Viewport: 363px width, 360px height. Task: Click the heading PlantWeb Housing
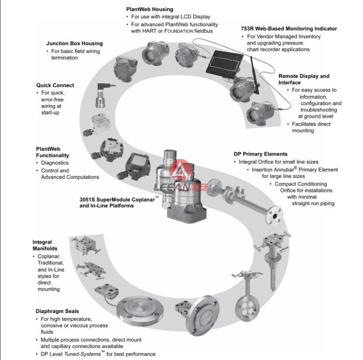[x=150, y=9]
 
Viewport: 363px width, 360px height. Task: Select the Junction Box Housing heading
[x=75, y=44]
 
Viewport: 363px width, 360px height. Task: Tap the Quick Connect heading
[x=55, y=85]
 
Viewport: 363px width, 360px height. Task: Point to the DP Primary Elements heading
[x=260, y=154]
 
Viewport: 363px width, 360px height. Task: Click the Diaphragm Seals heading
[x=57, y=311]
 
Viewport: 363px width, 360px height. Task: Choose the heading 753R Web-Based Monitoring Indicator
[x=289, y=29]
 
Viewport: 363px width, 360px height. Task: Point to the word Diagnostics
[x=55, y=163]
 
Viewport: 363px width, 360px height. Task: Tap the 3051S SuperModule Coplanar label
[x=119, y=199]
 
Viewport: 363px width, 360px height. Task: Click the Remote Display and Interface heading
[x=303, y=79]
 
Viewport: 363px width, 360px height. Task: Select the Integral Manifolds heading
[x=45, y=245]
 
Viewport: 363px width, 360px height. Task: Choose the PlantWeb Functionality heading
[x=52, y=152]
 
